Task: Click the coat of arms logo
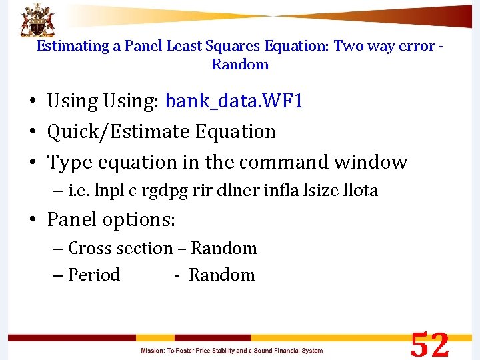point(38,19)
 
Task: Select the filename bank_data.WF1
point(234,101)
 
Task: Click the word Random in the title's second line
point(240,65)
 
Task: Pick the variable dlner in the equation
point(229,191)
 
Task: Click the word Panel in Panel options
point(71,219)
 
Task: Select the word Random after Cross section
point(223,249)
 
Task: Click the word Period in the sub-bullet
point(94,275)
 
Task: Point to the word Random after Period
point(221,275)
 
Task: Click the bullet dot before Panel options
point(32,220)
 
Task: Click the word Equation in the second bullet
point(235,132)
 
